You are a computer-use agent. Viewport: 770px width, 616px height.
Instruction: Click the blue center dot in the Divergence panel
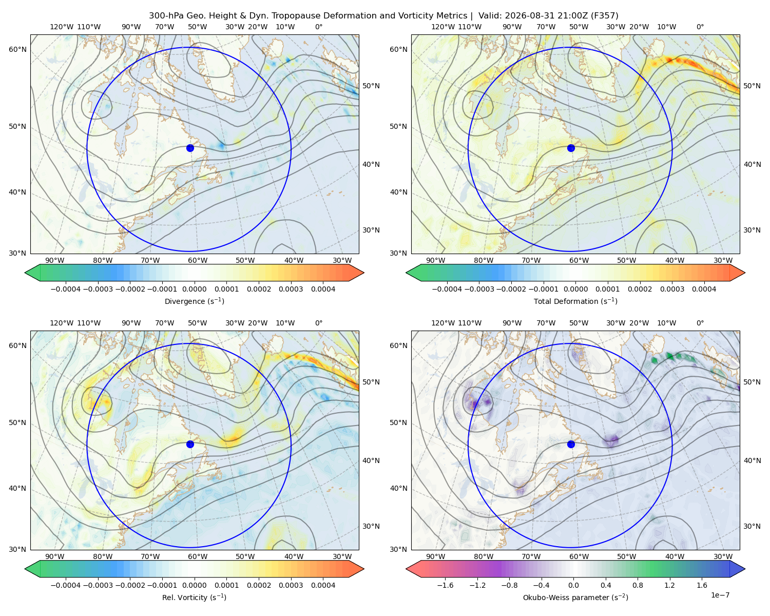(190, 148)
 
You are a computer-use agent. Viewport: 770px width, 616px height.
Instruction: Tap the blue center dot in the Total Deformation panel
(571, 148)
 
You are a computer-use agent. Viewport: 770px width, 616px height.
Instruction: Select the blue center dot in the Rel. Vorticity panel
(190, 444)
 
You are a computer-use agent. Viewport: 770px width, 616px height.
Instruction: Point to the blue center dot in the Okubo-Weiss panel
(571, 444)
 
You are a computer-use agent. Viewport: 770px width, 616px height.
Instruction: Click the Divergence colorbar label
(194, 301)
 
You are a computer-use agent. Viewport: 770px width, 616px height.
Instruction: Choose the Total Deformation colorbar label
(575, 301)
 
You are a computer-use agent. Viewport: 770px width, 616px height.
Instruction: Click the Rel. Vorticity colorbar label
(194, 598)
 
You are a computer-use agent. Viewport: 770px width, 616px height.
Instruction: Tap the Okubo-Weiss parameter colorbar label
(575, 598)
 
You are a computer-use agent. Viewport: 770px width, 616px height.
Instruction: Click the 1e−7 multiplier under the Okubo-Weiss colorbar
(720, 595)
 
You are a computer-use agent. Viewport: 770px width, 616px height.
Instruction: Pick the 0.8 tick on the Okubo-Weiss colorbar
(638, 585)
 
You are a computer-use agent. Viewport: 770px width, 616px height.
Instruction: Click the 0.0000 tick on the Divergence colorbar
(194, 289)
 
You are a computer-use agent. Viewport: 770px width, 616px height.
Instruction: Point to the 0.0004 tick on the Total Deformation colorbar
(704, 289)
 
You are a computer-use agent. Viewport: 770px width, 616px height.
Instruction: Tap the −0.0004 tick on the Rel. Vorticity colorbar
(66, 585)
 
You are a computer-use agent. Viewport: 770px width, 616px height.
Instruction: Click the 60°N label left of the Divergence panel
(17, 49)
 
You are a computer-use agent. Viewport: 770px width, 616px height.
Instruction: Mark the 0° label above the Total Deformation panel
(700, 27)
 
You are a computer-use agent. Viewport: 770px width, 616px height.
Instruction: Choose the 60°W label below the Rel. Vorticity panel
(198, 556)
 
